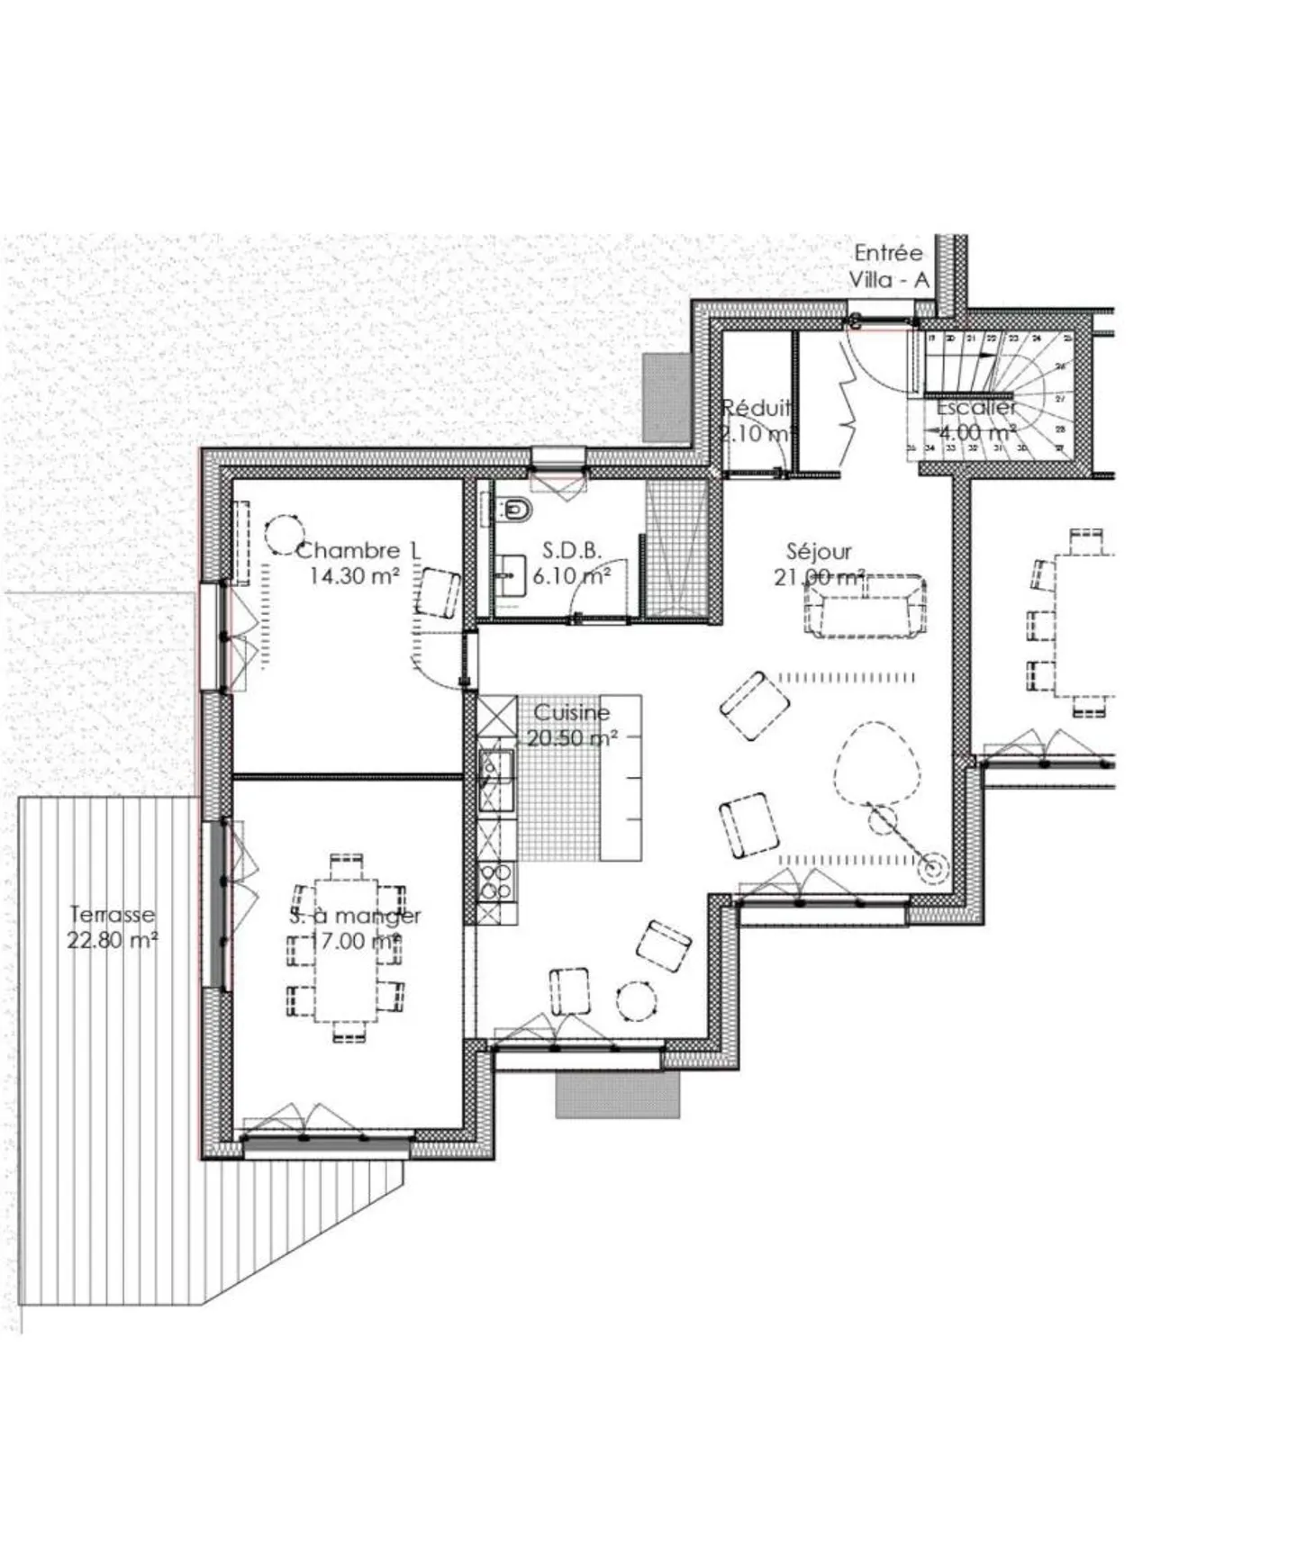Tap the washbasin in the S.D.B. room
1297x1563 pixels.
(x=511, y=574)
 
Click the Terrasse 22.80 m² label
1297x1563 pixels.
(x=113, y=927)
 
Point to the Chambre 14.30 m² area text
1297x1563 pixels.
(x=357, y=563)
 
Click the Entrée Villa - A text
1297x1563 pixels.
(x=888, y=267)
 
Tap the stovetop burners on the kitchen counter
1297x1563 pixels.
(x=495, y=881)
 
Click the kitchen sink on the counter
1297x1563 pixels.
(x=494, y=769)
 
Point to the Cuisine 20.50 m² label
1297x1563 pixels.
(x=572, y=725)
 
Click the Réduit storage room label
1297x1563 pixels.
(x=757, y=420)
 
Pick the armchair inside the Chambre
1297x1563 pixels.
(x=439, y=592)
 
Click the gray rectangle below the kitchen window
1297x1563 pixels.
(x=617, y=1095)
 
